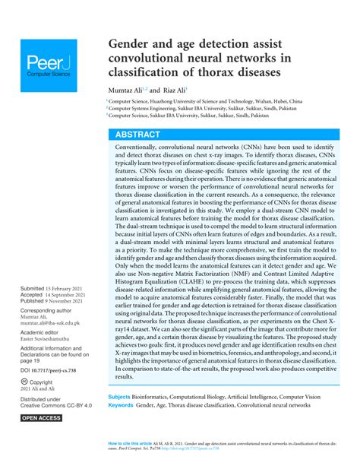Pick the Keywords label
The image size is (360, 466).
pos(121,405)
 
